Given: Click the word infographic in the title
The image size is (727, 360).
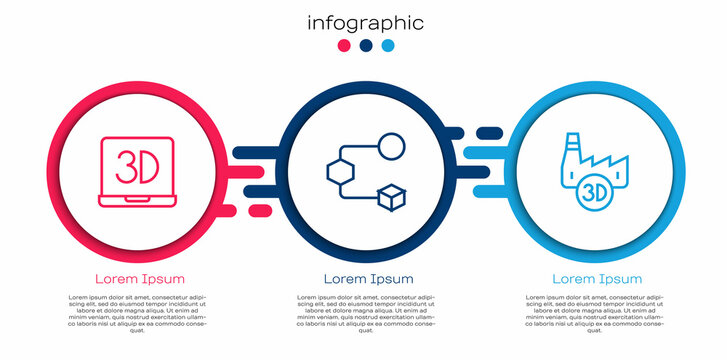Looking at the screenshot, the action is (365, 23).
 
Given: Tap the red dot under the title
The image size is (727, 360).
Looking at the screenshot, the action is (344, 46).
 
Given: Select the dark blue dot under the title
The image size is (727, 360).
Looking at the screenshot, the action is (366, 46).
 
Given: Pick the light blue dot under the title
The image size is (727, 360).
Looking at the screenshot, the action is (388, 46).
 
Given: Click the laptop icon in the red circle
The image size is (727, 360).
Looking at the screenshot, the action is (139, 173).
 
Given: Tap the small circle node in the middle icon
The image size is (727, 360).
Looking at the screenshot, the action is (392, 146).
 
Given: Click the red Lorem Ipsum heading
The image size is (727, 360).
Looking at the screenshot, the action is (139, 278).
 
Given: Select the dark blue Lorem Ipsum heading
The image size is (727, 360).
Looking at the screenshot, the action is (368, 278).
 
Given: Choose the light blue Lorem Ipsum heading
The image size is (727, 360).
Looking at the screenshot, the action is (597, 278).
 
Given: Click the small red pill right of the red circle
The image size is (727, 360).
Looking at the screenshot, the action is (259, 210).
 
